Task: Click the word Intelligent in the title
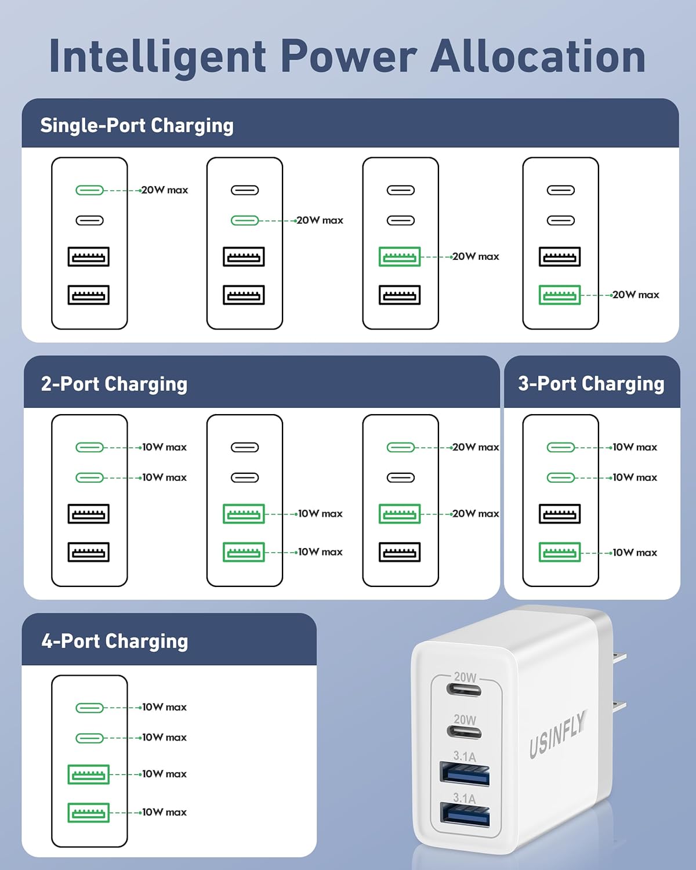(157, 57)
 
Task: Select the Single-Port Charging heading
(137, 126)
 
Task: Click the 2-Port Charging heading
(114, 383)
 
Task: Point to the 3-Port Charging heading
(591, 383)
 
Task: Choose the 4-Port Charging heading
(114, 641)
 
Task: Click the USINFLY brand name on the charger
(558, 733)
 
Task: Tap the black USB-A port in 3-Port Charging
(560, 514)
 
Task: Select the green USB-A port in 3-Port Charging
(560, 552)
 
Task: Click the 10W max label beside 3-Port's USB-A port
(635, 553)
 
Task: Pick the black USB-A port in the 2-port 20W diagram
(400, 552)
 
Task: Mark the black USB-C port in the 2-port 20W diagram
(401, 478)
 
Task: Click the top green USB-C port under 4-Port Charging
(90, 708)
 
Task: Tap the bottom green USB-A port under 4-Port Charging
(89, 813)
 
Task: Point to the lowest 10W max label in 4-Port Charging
(164, 812)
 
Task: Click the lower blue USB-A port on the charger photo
(465, 815)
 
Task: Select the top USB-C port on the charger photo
(464, 689)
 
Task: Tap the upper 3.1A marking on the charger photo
(464, 756)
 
